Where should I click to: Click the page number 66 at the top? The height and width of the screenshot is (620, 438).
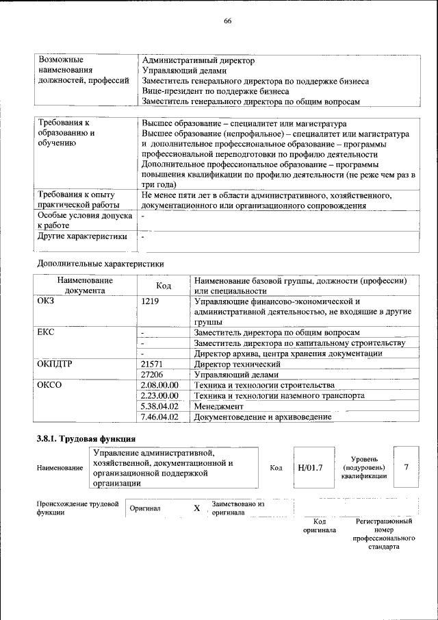point(228,21)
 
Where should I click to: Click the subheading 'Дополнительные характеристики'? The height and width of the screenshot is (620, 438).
point(100,263)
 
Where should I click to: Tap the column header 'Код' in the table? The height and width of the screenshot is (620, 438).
point(164,286)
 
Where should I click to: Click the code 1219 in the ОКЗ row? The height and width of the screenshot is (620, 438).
point(150,301)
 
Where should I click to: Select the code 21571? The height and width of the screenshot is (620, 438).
point(153,364)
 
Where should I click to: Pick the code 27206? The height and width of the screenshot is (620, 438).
point(153,375)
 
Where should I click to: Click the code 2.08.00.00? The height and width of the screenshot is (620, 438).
point(159,385)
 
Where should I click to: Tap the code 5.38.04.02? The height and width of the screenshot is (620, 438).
point(159,406)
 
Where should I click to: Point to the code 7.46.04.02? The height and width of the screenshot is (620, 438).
point(159,417)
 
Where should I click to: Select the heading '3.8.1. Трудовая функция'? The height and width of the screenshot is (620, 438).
point(86,438)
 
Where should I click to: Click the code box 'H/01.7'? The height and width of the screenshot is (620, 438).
point(310,468)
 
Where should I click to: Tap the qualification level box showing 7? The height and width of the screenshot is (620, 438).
point(407,467)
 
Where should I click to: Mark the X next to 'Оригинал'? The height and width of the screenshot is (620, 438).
point(196,508)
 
